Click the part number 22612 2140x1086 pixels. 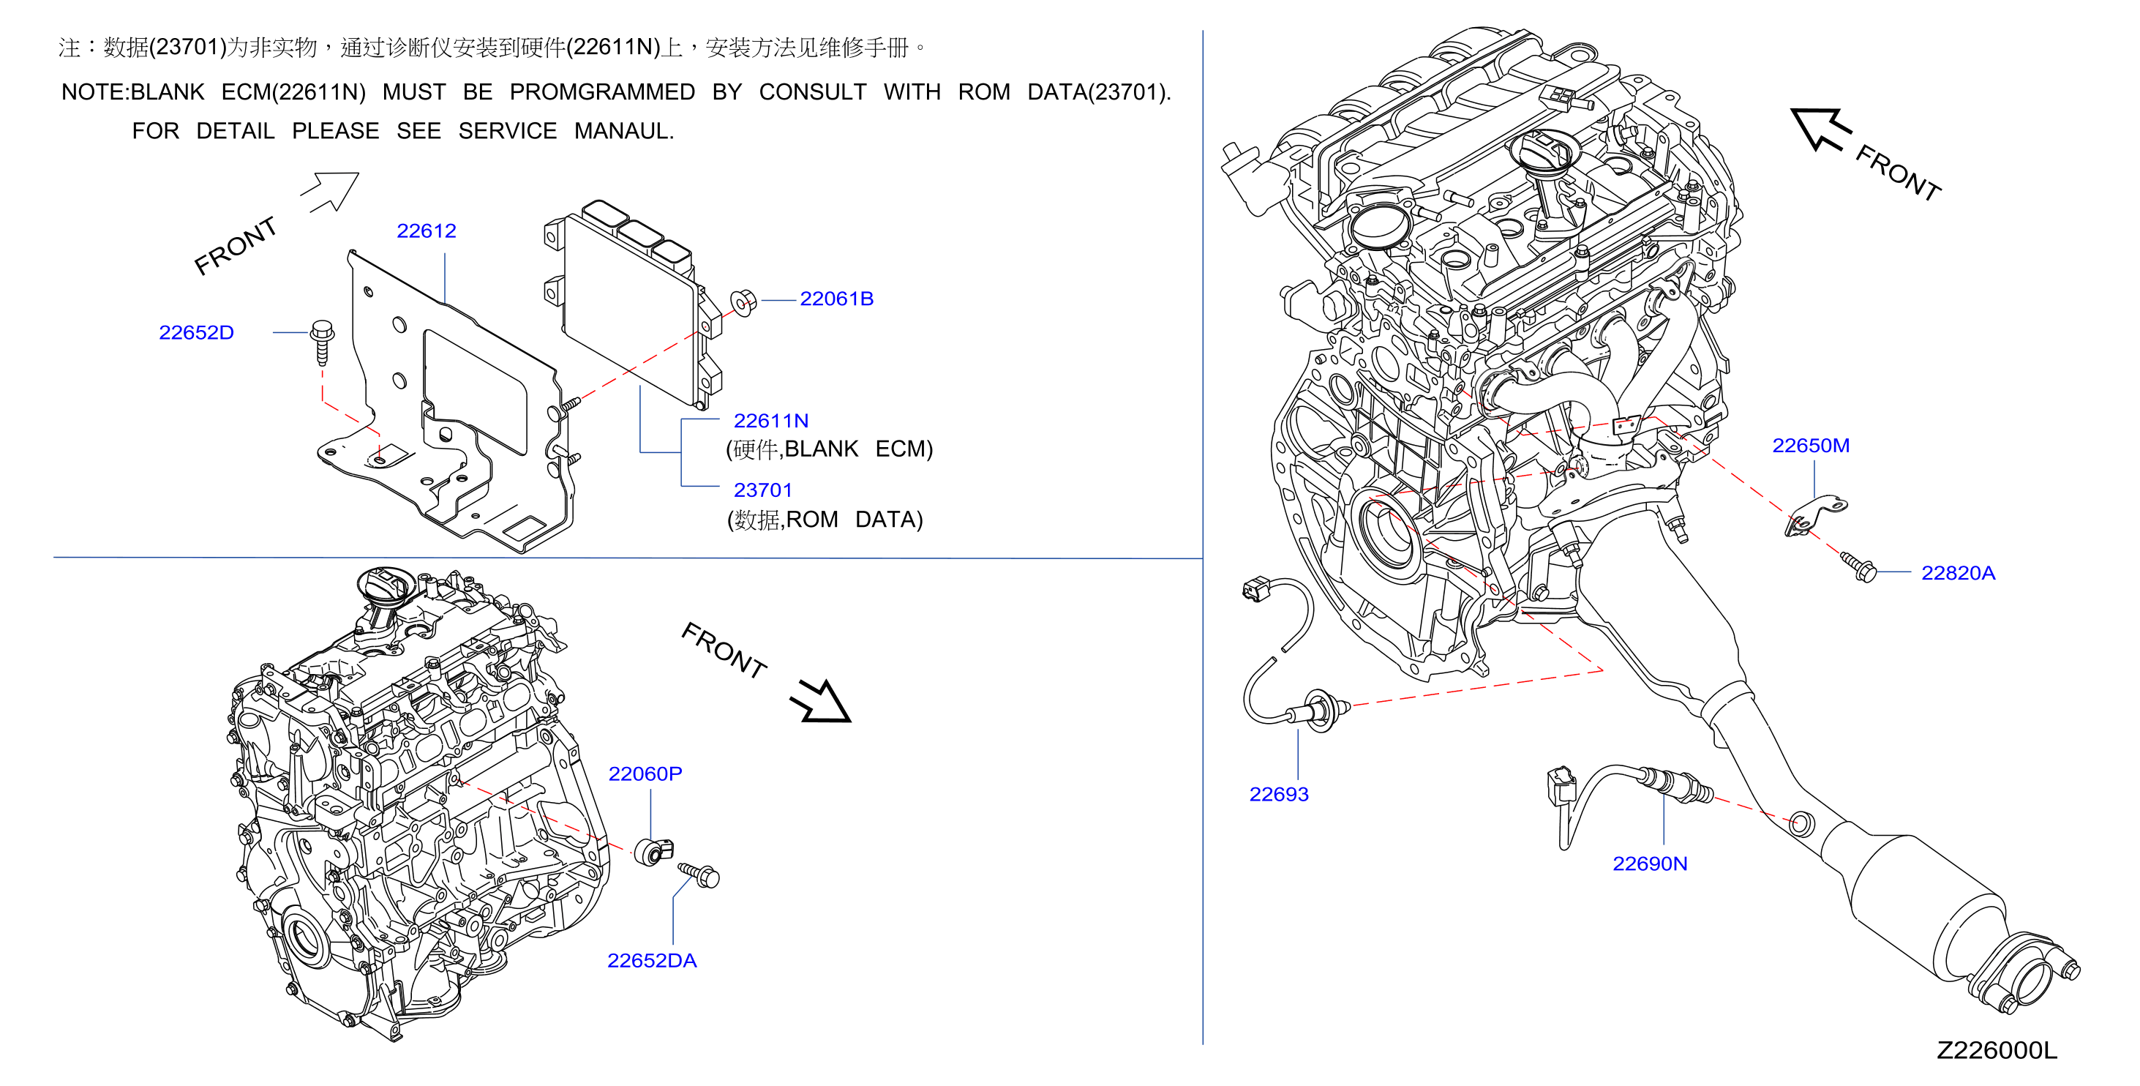tap(427, 231)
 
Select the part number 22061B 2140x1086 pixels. tap(836, 299)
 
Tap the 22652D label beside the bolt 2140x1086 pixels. tap(196, 332)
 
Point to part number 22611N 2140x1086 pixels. tap(771, 422)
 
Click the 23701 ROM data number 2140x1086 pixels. tap(762, 490)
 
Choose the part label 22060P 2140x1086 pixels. tap(645, 774)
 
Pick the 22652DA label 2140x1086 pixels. tap(652, 961)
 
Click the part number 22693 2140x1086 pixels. tap(1280, 794)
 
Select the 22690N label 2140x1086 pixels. tap(1650, 864)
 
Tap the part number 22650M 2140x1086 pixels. tap(1811, 446)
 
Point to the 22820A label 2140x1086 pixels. tap(1958, 573)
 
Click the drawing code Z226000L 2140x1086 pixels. tap(1997, 1051)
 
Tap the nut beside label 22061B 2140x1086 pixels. tap(743, 302)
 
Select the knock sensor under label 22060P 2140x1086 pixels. tap(653, 851)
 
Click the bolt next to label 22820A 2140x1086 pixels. tap(1858, 566)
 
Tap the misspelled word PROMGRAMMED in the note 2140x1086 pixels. tap(602, 92)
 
